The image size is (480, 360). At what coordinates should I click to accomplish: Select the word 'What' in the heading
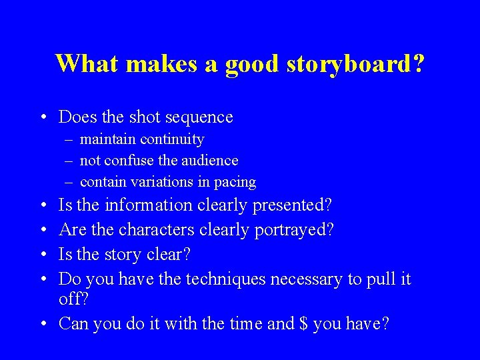tap(87, 64)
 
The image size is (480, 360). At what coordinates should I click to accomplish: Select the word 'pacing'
tap(234, 183)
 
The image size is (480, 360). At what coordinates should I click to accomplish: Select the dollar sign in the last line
tap(304, 324)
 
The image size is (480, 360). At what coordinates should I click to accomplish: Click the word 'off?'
tap(73, 300)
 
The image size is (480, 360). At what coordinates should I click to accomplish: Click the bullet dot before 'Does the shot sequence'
tap(42, 118)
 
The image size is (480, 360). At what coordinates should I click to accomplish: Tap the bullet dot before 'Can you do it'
tap(42, 325)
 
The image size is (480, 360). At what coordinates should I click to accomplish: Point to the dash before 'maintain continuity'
tap(70, 140)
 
